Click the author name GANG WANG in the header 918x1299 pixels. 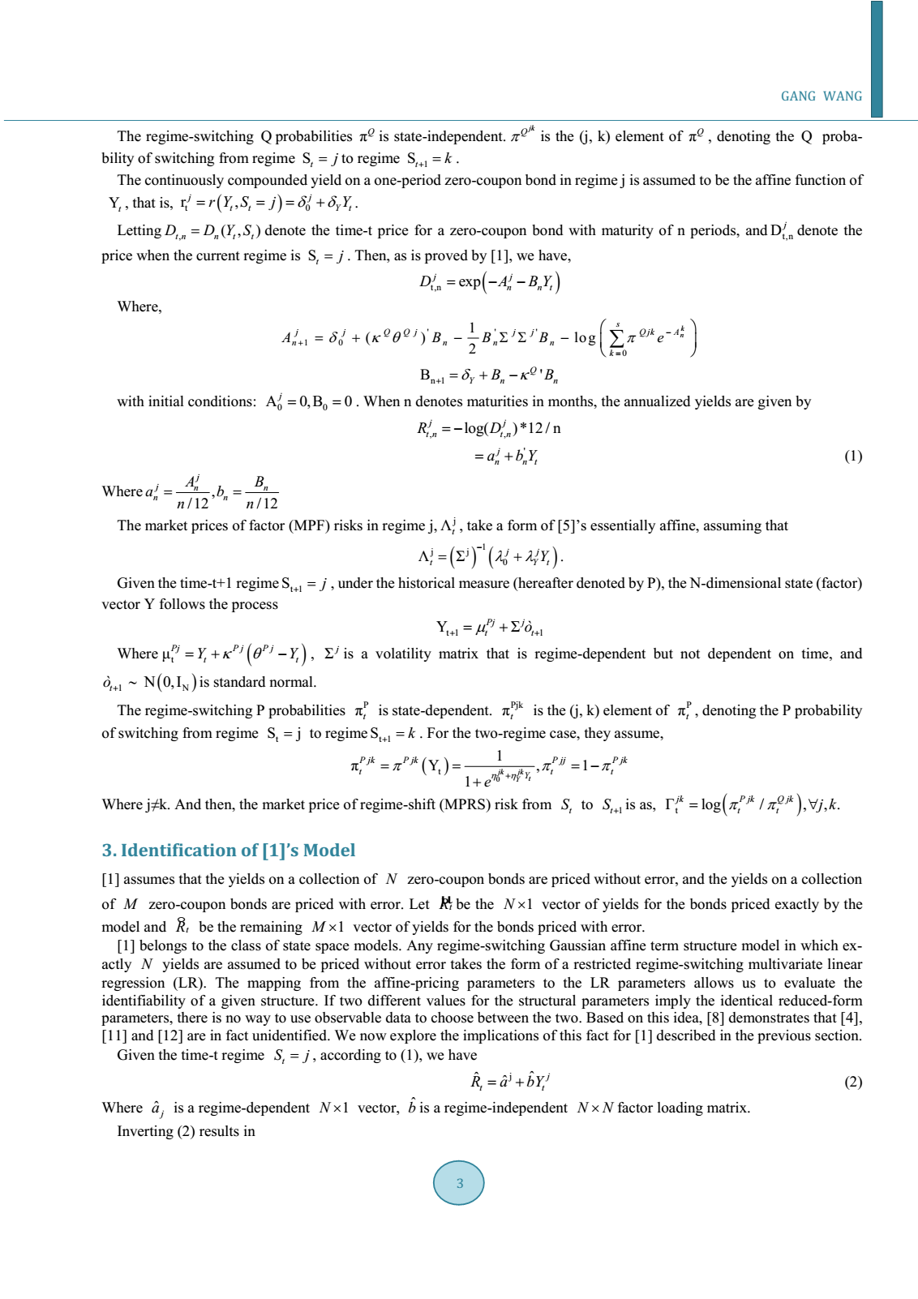click(821, 96)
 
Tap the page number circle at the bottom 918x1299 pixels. click(459, 1183)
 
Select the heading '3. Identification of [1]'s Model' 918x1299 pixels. click(229, 850)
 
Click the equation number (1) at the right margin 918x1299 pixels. click(853, 456)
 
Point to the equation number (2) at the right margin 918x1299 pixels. click(853, 1082)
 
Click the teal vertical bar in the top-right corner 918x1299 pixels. click(876, 58)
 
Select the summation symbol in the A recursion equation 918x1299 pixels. click(617, 338)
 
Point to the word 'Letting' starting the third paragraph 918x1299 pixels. click(139, 231)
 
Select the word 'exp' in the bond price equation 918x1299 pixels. click(470, 282)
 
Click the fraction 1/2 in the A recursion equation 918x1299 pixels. click(472, 338)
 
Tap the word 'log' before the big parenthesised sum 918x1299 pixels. click(585, 337)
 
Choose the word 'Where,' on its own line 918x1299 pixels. click(139, 307)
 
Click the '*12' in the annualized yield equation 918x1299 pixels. click(532, 428)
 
